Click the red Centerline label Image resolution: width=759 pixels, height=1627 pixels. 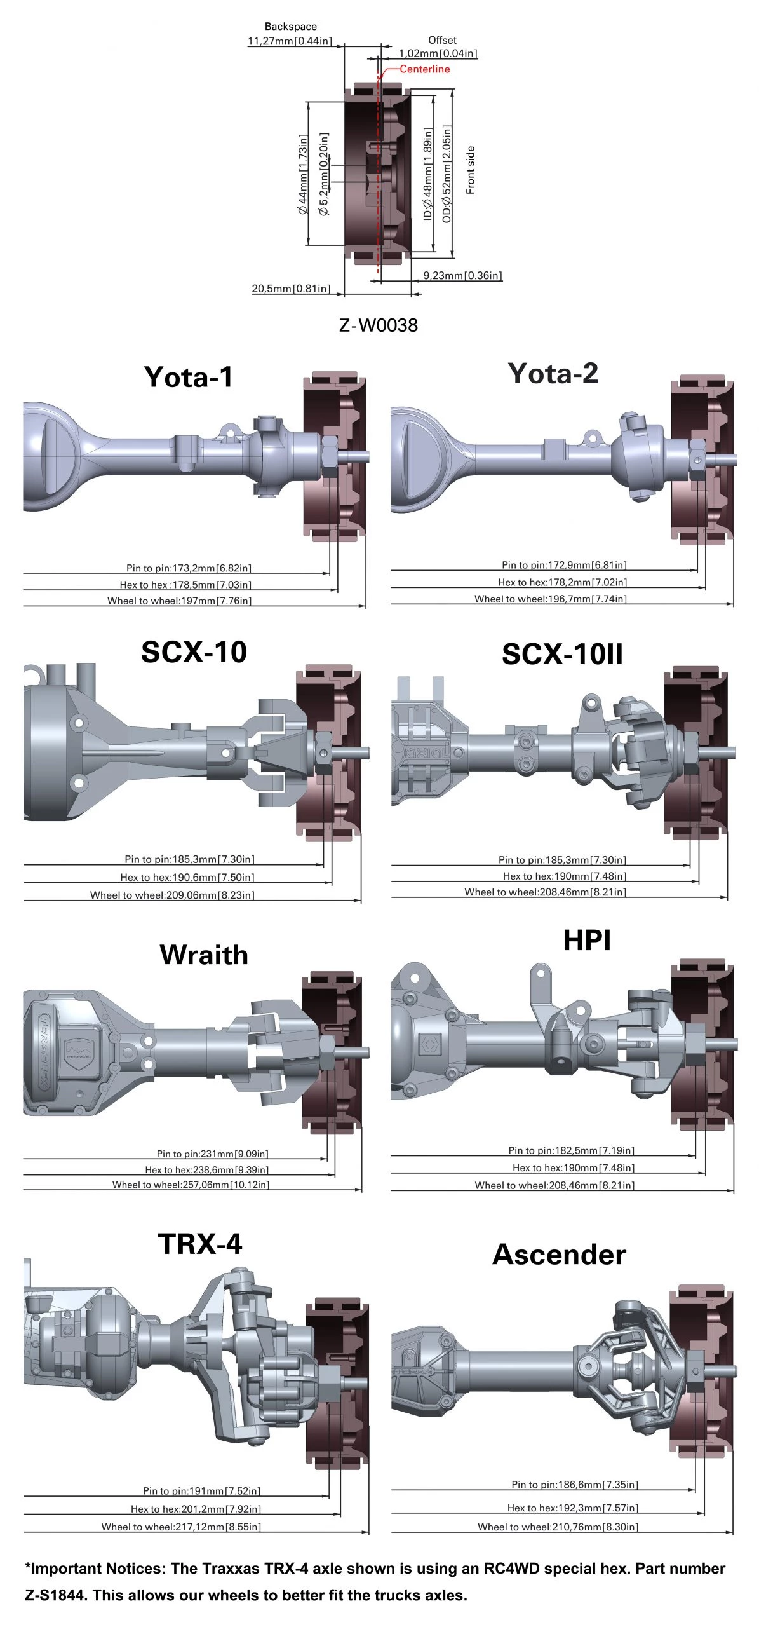tap(424, 69)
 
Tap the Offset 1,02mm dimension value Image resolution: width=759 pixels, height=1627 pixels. tap(438, 53)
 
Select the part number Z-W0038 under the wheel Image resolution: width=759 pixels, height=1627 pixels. tap(379, 325)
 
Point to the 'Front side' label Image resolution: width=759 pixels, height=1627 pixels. tap(470, 170)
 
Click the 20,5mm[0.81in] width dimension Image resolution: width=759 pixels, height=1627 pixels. tap(291, 289)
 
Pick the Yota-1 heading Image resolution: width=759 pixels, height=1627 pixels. tap(189, 377)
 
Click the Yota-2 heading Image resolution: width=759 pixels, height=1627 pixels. tap(553, 373)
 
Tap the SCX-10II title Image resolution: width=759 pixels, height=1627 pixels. tap(562, 654)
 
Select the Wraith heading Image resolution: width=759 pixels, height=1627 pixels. tap(204, 955)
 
